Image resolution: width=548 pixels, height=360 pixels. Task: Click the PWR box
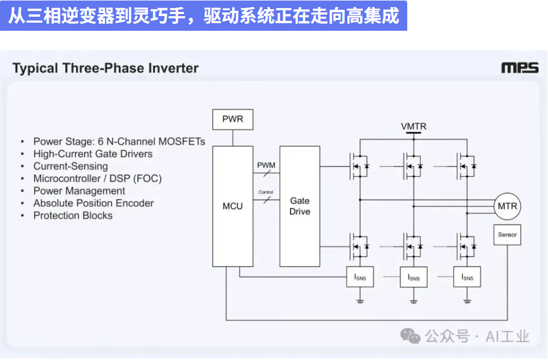pyautogui.click(x=233, y=119)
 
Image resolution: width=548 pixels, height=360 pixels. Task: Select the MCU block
pyautogui.click(x=233, y=206)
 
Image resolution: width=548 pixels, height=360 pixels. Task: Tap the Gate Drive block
pyautogui.click(x=299, y=206)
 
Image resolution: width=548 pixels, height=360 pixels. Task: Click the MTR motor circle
pyautogui.click(x=507, y=206)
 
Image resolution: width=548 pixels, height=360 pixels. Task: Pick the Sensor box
pyautogui.click(x=507, y=235)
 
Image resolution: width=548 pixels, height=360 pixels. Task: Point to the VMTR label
pyautogui.click(x=414, y=126)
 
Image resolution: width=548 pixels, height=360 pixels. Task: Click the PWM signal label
pyautogui.click(x=266, y=165)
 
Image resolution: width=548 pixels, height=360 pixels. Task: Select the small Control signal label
pyautogui.click(x=266, y=192)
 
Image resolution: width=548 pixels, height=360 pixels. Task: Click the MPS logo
pyautogui.click(x=519, y=68)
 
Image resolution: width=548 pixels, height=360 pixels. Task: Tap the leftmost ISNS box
pyautogui.click(x=360, y=277)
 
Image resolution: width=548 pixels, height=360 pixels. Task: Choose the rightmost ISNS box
pyautogui.click(x=467, y=277)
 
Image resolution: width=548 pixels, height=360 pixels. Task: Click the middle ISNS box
pyautogui.click(x=414, y=277)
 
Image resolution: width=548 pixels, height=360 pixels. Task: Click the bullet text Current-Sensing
pyautogui.click(x=71, y=166)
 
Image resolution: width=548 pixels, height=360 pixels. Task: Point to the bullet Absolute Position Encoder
pyautogui.click(x=93, y=203)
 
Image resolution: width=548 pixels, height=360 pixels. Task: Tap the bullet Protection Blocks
pyautogui.click(x=73, y=216)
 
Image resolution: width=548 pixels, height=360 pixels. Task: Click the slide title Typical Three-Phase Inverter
pyautogui.click(x=106, y=69)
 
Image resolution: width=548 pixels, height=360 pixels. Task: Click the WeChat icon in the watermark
pyautogui.click(x=410, y=337)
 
